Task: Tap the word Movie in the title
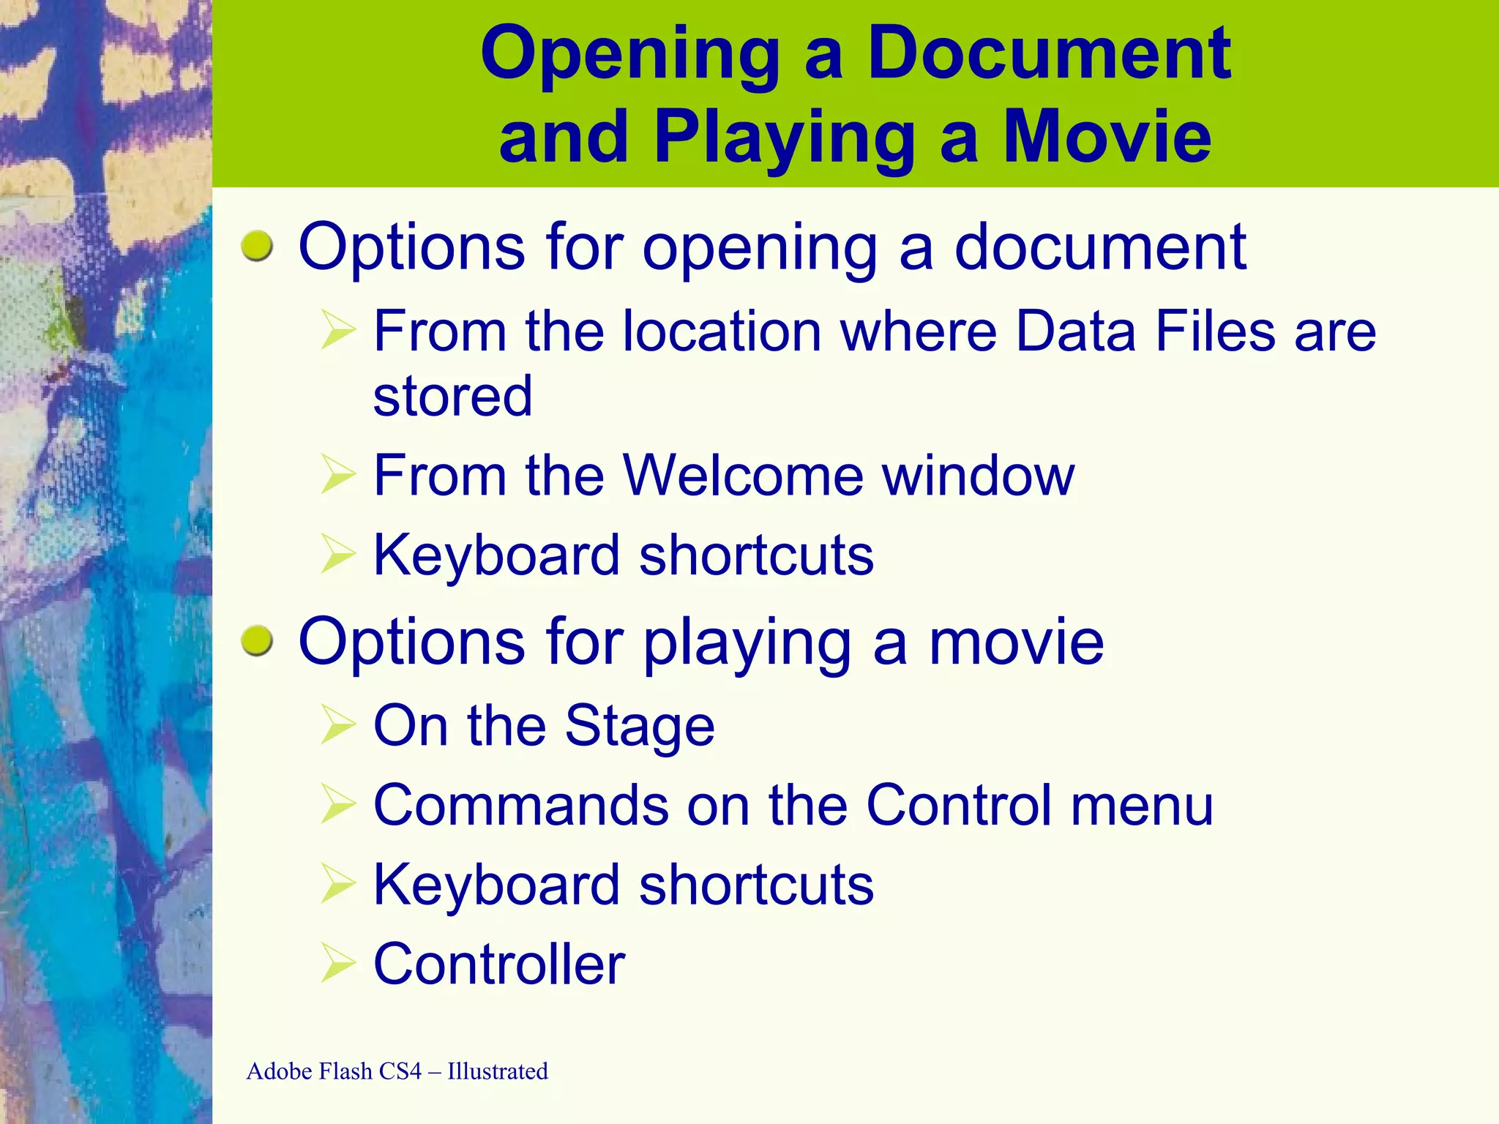pyautogui.click(x=1107, y=137)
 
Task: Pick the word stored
pyautogui.click(x=452, y=396)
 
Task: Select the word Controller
pyautogui.click(x=499, y=964)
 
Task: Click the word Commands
pyautogui.click(x=521, y=805)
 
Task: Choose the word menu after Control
pyautogui.click(x=1143, y=805)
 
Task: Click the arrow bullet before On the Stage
pyautogui.click(x=337, y=725)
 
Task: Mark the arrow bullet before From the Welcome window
pyautogui.click(x=337, y=476)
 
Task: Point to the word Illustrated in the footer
pyautogui.click(x=498, y=1071)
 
